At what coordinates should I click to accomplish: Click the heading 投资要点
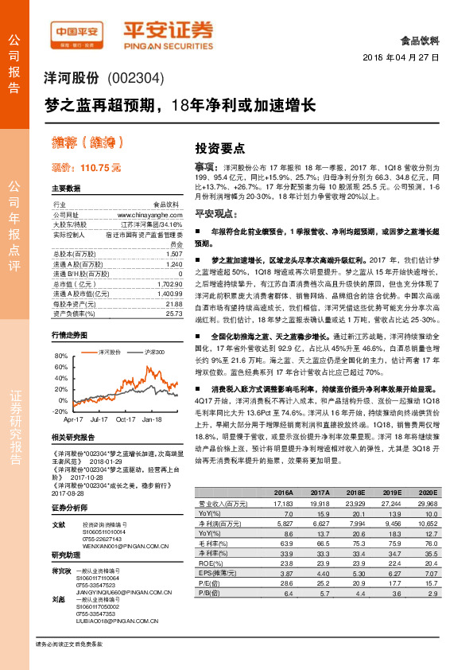(219, 148)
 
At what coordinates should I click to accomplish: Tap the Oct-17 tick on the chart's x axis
(126, 418)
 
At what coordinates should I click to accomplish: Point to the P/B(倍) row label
(208, 615)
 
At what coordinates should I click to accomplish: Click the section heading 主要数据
(66, 189)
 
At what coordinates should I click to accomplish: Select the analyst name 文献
(58, 525)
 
